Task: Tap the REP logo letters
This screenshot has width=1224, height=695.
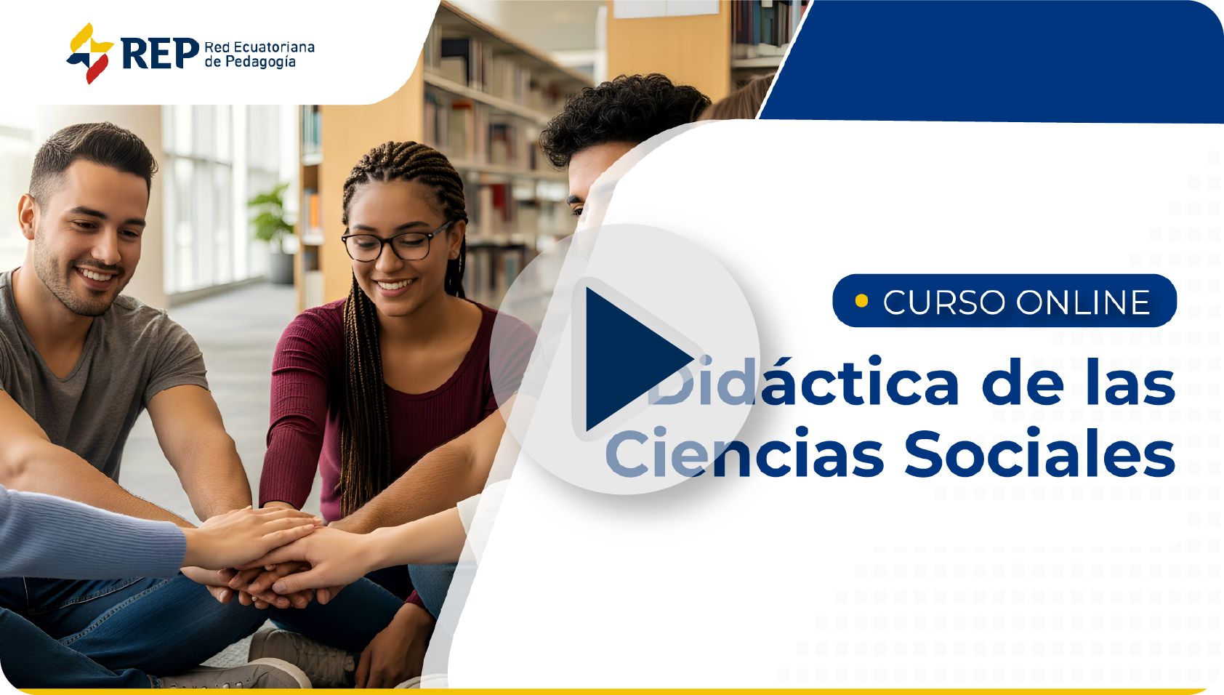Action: (160, 54)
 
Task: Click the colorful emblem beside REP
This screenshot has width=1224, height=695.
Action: (89, 53)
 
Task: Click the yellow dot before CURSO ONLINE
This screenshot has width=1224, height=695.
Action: (861, 300)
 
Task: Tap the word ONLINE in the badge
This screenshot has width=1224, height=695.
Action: (1084, 302)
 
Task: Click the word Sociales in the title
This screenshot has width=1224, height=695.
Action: (1039, 452)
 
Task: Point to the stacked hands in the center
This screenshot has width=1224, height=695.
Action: (267, 558)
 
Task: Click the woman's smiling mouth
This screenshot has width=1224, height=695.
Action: (395, 285)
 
